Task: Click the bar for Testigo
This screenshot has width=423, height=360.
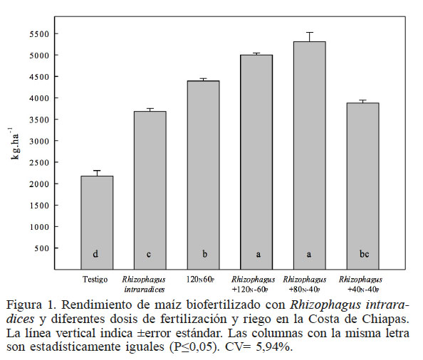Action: (x=96, y=221)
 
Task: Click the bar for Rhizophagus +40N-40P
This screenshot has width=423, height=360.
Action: (x=362, y=185)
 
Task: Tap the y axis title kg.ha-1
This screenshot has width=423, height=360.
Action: (x=14, y=142)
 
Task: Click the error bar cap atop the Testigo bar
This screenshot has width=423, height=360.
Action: (x=96, y=171)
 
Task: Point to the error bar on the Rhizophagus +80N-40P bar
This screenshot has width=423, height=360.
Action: (x=309, y=36)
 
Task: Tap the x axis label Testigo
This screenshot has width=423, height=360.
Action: (x=95, y=279)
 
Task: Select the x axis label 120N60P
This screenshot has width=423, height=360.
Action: (x=203, y=280)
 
